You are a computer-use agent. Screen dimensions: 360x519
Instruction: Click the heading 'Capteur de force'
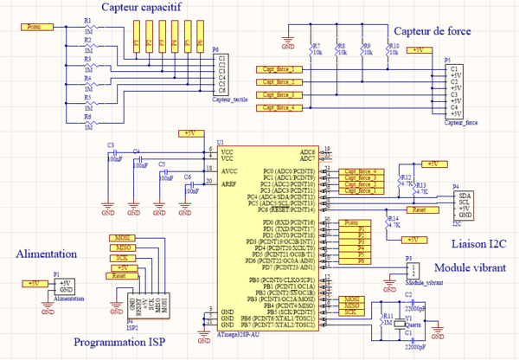click(x=429, y=32)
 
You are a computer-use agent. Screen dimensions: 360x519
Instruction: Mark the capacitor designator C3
click(x=110, y=145)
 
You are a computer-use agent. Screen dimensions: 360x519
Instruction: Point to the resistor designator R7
click(x=316, y=47)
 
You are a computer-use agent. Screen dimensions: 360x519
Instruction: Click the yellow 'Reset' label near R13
click(x=420, y=209)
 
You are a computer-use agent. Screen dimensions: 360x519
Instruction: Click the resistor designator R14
click(x=394, y=219)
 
